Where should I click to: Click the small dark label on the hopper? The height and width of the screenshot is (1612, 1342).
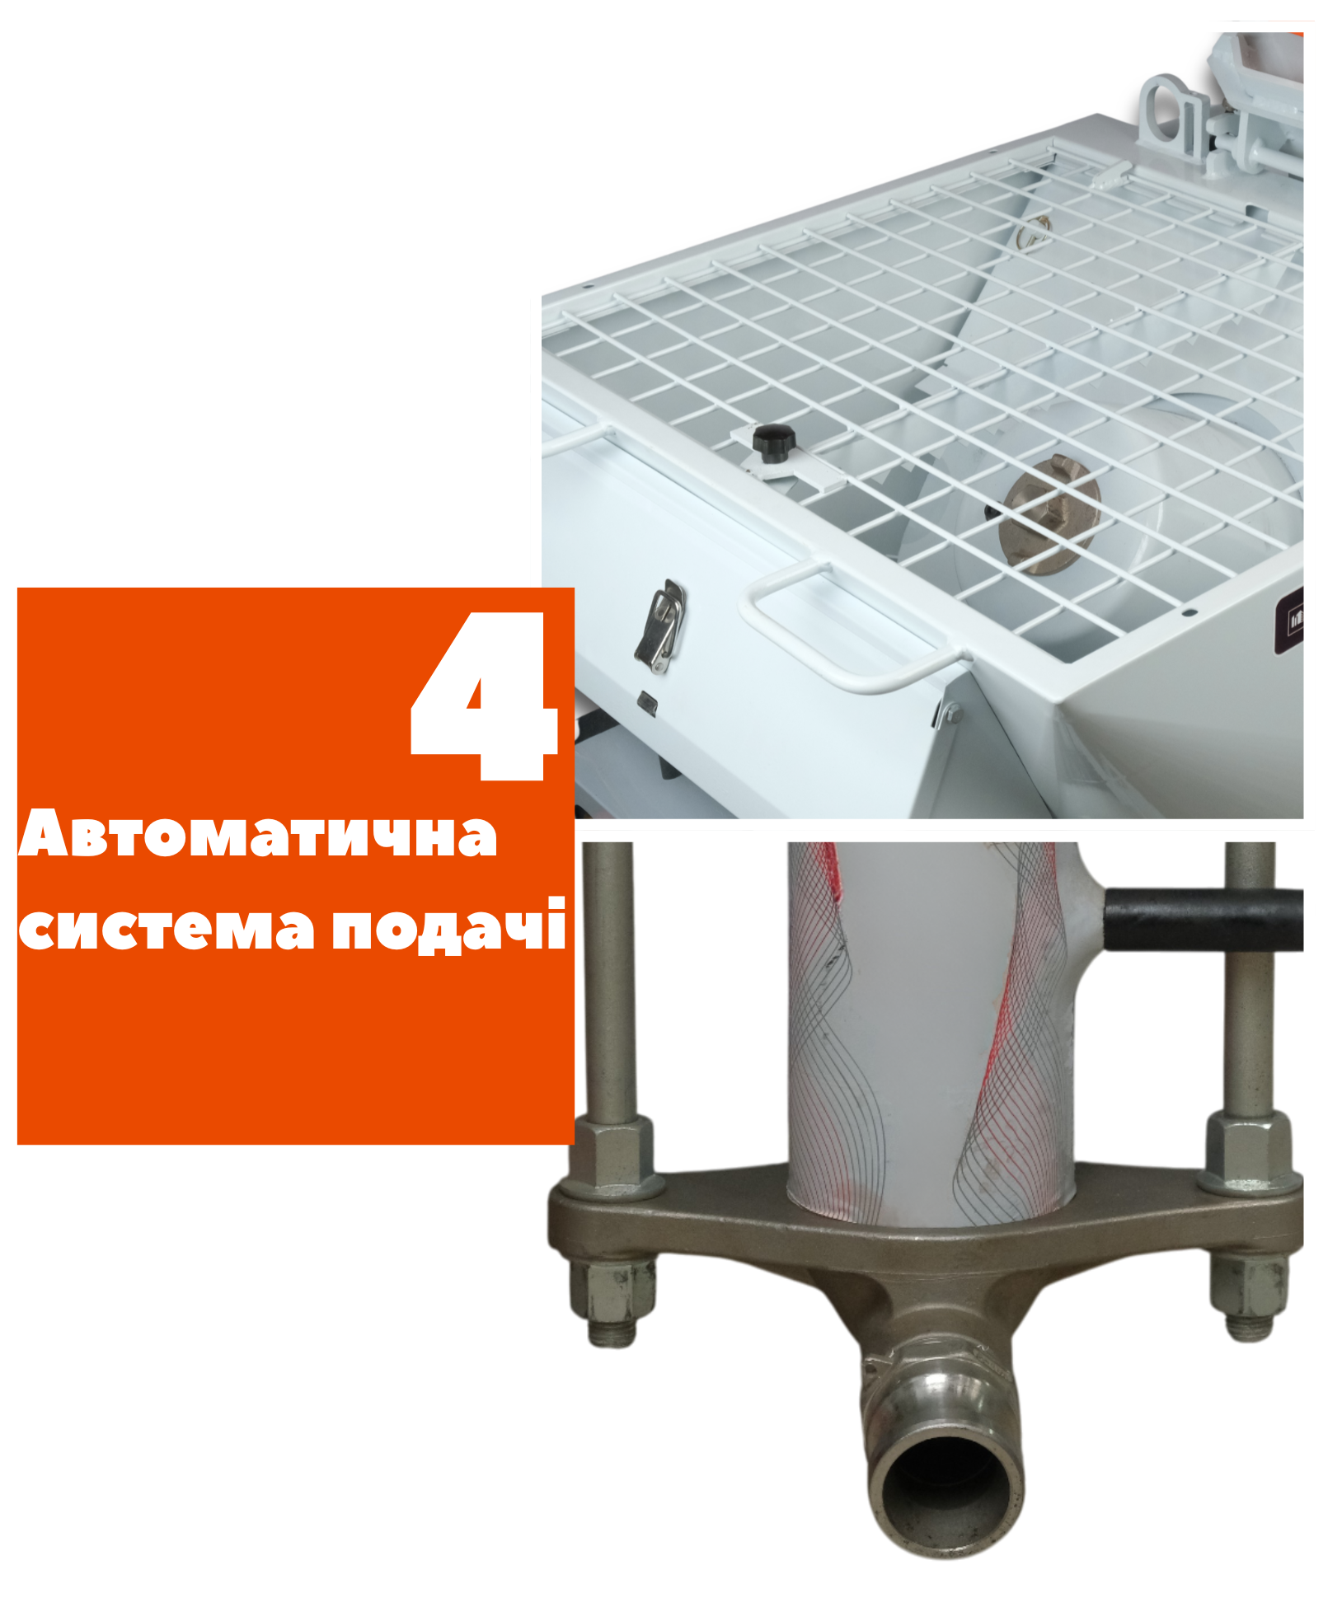pyautogui.click(x=1289, y=618)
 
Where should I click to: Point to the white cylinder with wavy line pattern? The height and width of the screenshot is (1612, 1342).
pyautogui.click(x=931, y=1030)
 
